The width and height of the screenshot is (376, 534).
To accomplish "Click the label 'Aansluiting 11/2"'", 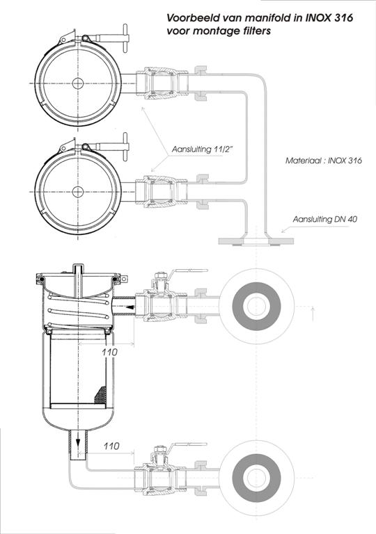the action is (203, 149).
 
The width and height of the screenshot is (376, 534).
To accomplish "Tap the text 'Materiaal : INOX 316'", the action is (324, 160).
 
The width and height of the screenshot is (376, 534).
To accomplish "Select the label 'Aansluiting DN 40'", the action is (324, 219).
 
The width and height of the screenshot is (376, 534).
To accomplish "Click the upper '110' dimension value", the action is (109, 352).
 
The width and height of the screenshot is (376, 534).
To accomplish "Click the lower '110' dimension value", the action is (111, 446).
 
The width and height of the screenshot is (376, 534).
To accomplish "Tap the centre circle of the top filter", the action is (78, 83).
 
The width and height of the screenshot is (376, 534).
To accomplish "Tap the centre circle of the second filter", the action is (78, 192).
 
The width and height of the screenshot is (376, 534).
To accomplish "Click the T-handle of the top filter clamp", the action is (125, 38).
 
